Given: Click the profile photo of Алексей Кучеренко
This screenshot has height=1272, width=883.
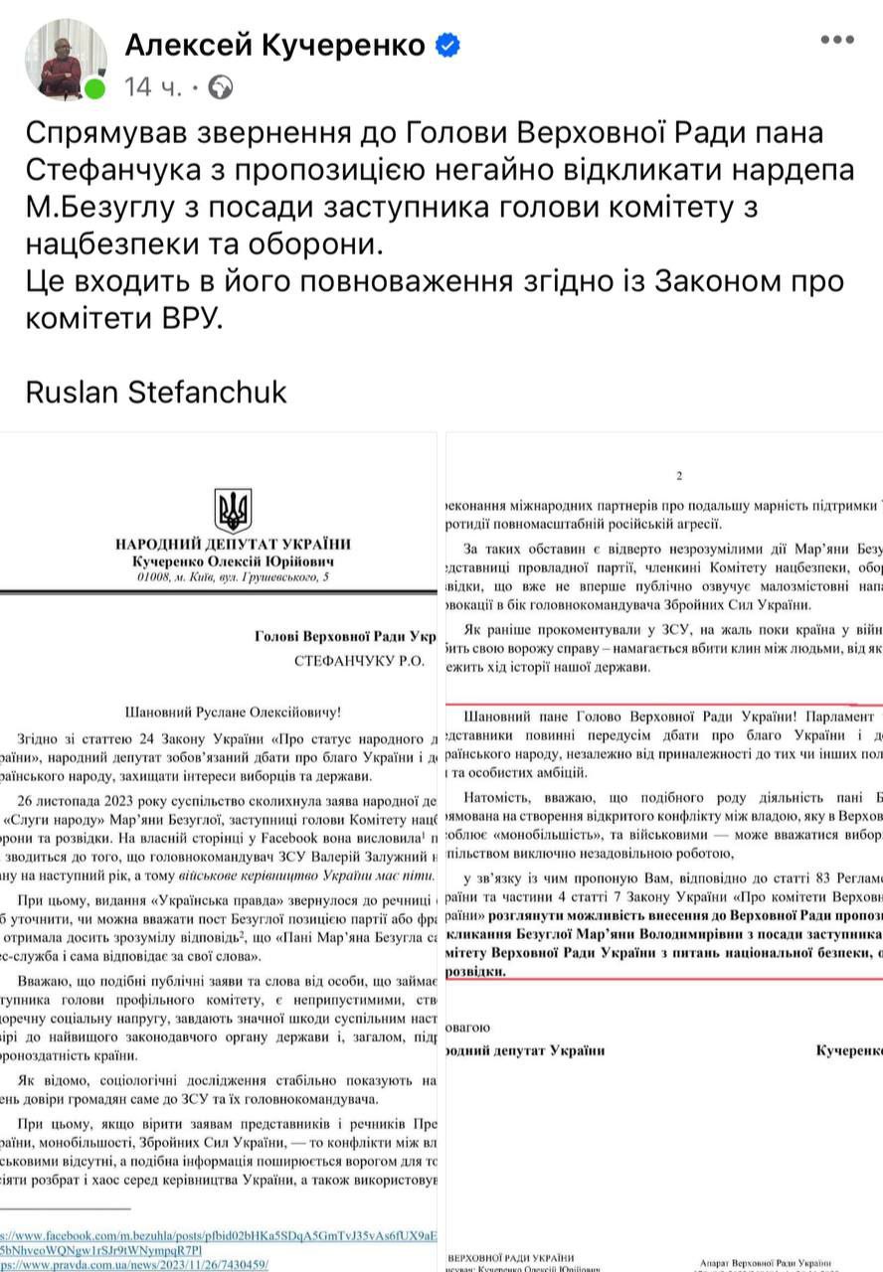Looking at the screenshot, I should click(x=65, y=59).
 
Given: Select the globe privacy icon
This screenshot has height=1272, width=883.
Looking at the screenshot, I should click(x=221, y=87).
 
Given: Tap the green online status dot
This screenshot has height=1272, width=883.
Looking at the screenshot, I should click(x=95, y=88).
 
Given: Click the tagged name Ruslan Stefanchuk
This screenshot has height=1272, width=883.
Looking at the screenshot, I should click(x=156, y=391).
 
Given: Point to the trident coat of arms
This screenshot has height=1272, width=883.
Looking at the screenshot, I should click(x=234, y=510).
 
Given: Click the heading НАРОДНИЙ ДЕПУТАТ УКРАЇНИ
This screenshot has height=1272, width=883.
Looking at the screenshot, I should click(x=234, y=544).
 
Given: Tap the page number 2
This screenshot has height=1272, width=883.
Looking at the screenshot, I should click(x=679, y=476).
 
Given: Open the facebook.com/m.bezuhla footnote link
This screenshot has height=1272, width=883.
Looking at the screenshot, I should click(x=219, y=1234).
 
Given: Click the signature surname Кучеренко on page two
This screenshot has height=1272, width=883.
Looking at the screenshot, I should click(x=848, y=1049).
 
